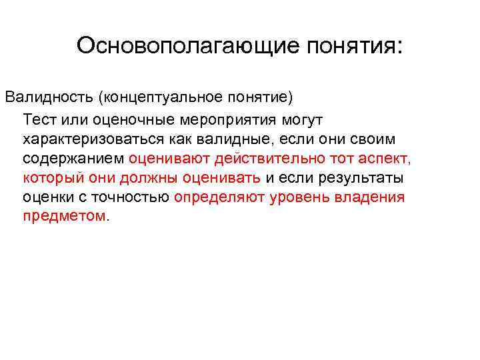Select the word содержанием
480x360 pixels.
click(73, 159)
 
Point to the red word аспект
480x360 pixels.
click(383, 159)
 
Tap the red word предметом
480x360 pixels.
click(64, 217)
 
